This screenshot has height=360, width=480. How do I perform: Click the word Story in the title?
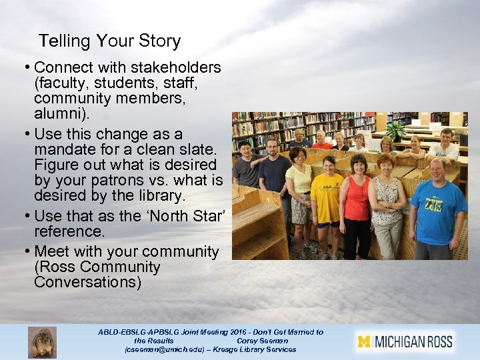(159, 41)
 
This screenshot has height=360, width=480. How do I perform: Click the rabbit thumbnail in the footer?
(42, 342)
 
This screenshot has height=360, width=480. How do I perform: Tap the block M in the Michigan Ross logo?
(363, 342)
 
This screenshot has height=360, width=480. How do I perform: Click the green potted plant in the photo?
(397, 130)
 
